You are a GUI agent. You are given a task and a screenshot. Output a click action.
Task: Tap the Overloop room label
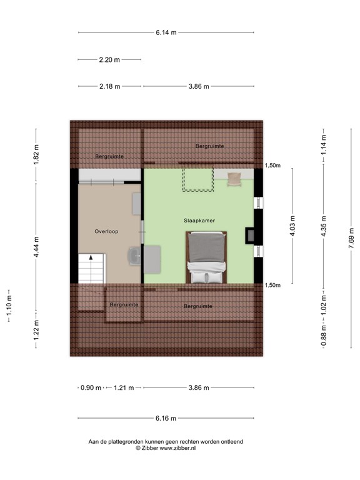point(106,231)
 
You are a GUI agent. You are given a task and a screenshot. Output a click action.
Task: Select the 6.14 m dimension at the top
point(166,32)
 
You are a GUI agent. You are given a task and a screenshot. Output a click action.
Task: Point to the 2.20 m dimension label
point(109,60)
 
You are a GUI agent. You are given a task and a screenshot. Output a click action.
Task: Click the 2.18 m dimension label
point(109,87)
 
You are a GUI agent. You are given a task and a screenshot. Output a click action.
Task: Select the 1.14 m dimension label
point(322,145)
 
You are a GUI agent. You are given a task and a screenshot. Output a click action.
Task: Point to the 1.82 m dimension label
point(36,154)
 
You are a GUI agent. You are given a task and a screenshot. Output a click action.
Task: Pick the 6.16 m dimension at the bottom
point(166,419)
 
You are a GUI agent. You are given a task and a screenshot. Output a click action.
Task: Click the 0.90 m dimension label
point(91,388)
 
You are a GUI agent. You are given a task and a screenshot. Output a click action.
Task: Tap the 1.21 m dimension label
point(124,388)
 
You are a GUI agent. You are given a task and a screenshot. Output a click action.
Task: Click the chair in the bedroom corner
point(234,179)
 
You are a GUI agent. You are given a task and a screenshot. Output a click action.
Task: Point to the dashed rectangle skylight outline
point(197,179)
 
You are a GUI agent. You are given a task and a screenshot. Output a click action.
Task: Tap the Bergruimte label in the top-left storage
point(109,156)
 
